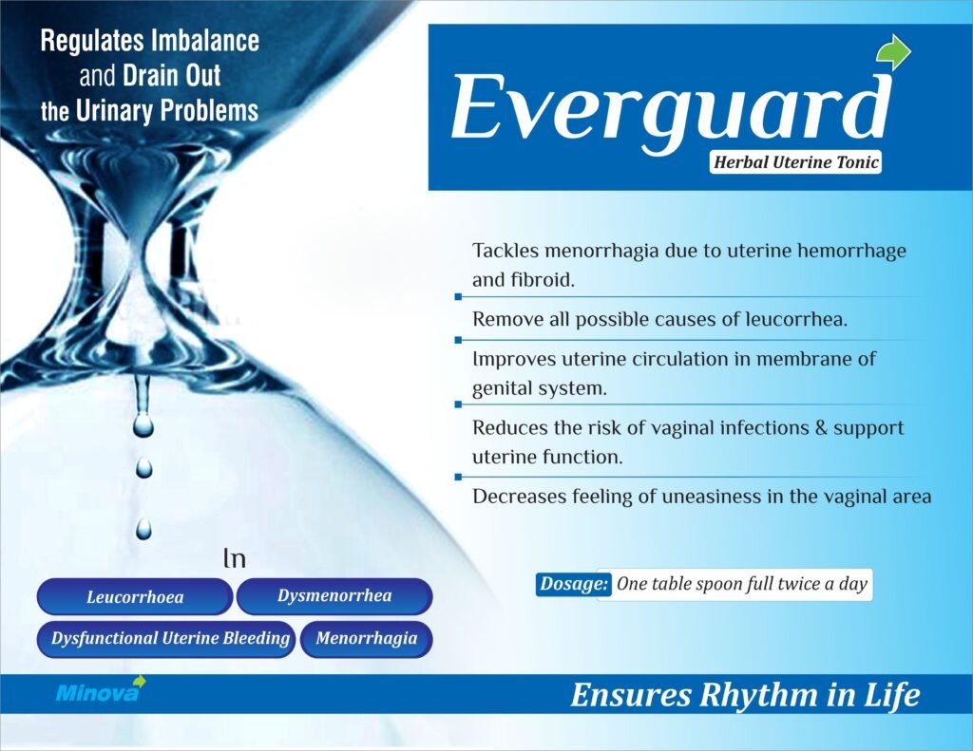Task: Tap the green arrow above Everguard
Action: pos(894,53)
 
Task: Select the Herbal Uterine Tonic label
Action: pos(795,162)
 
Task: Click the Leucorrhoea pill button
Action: pos(135,596)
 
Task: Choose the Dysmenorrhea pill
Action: pos(334,596)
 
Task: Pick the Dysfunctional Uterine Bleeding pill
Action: pos(166,639)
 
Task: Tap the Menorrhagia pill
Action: pos(366,639)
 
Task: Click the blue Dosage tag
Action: pos(573,584)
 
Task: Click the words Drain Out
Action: pos(172,76)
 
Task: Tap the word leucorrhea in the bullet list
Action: pos(796,319)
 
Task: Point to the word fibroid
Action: pos(543,280)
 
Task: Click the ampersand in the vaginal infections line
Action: pos(822,427)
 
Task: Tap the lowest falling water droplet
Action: pos(143,529)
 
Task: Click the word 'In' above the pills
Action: pos(235,558)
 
